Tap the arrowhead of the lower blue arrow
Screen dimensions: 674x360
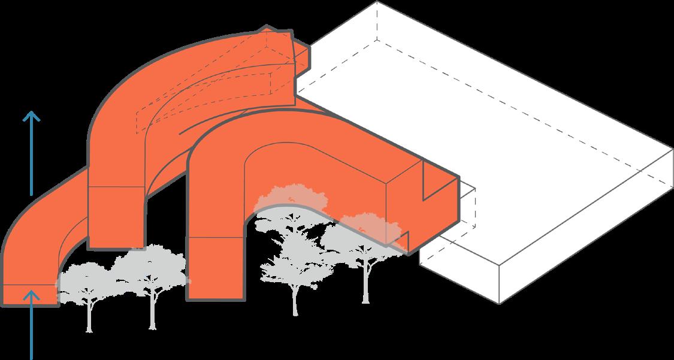click(x=31, y=294)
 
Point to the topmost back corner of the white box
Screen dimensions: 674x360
click(x=376, y=2)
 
